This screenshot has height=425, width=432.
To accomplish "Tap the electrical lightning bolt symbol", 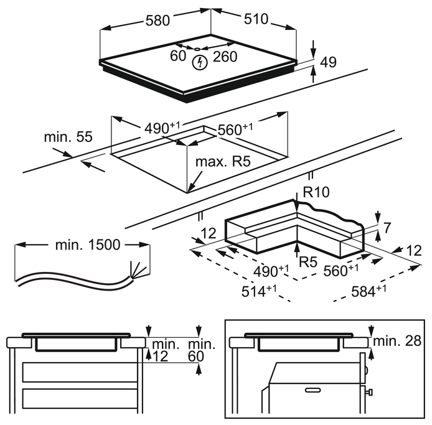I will tap(199, 62).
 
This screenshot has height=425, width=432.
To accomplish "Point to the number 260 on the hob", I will tap(225, 57).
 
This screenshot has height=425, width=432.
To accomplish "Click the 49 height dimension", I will tap(327, 62).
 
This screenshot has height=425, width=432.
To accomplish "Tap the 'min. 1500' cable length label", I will tap(87, 245).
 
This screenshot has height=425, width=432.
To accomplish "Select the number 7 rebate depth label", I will tap(388, 228).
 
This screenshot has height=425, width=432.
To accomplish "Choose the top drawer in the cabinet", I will tap(79, 371).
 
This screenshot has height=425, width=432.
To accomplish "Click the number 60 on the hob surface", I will tap(178, 57).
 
